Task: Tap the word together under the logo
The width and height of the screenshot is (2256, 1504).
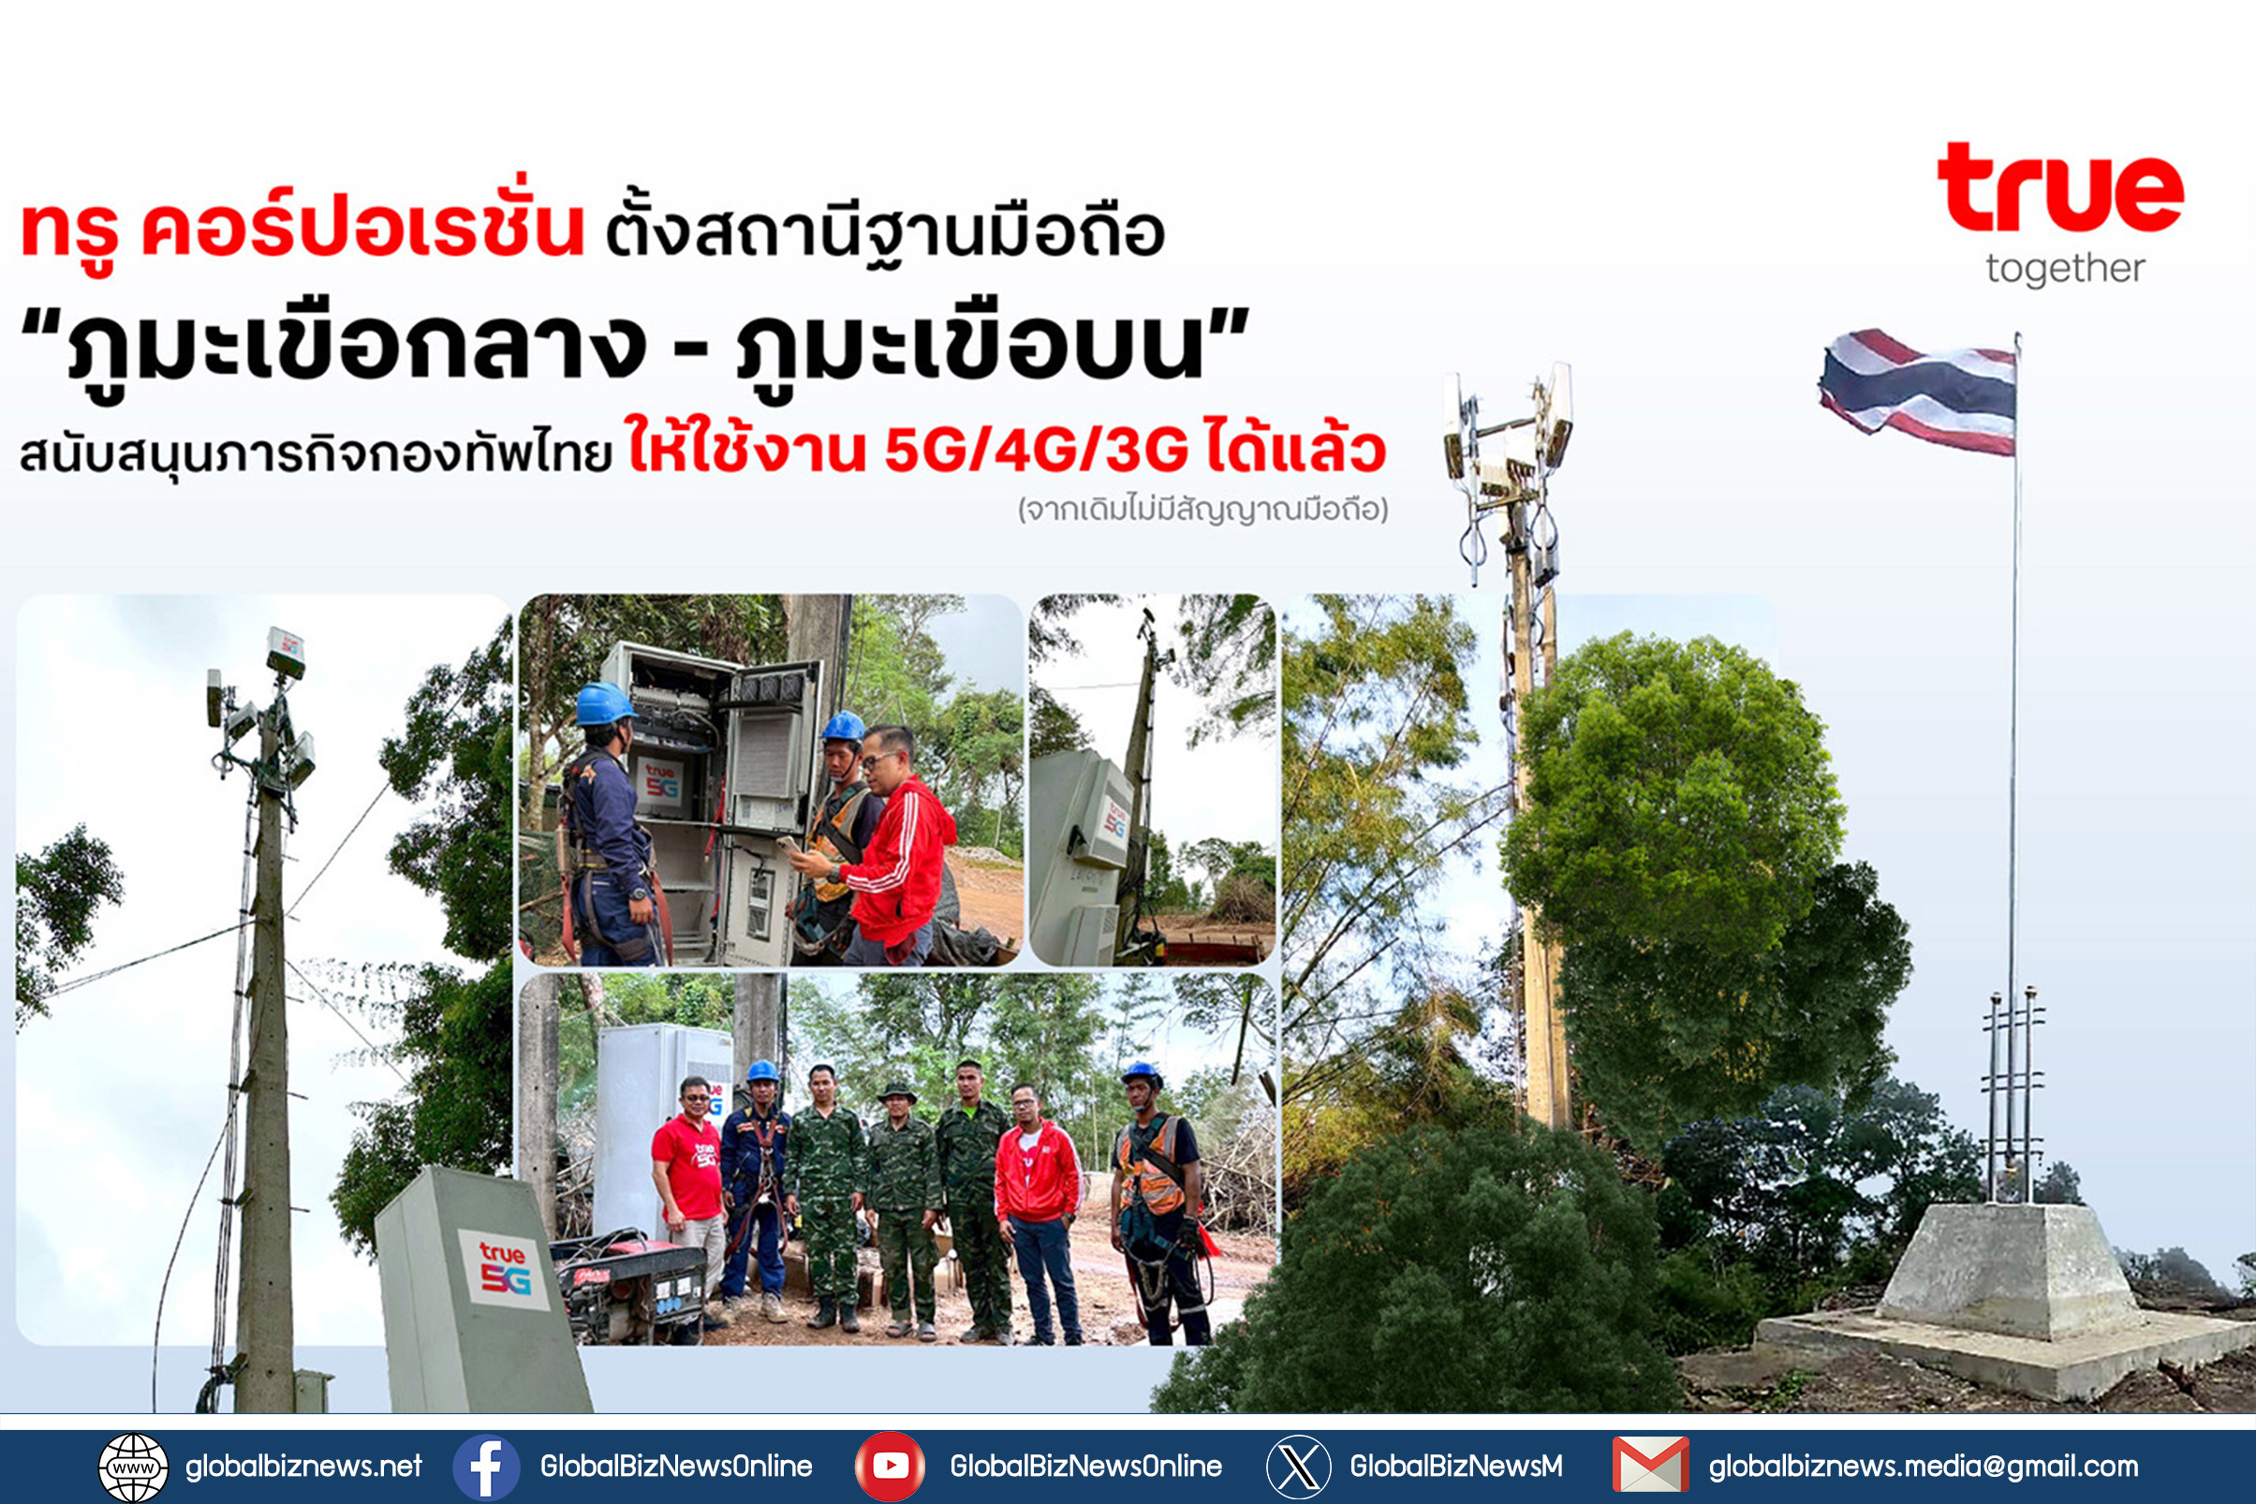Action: [2065, 269]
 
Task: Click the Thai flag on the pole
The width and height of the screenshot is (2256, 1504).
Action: [1917, 391]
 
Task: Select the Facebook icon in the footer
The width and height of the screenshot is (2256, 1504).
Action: [486, 1467]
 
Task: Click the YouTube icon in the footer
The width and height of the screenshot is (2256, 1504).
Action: [890, 1467]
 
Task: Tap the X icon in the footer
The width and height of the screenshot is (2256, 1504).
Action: [1299, 1467]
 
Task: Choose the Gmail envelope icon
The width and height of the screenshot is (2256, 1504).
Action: [1651, 1465]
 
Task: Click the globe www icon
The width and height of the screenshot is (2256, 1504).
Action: [133, 1467]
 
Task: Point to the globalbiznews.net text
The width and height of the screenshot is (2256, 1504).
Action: [303, 1467]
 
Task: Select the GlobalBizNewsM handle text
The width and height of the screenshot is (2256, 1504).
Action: [1456, 1467]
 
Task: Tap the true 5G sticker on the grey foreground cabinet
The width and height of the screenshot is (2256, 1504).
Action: [504, 1269]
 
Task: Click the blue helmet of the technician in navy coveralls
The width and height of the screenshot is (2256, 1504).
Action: [604, 704]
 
